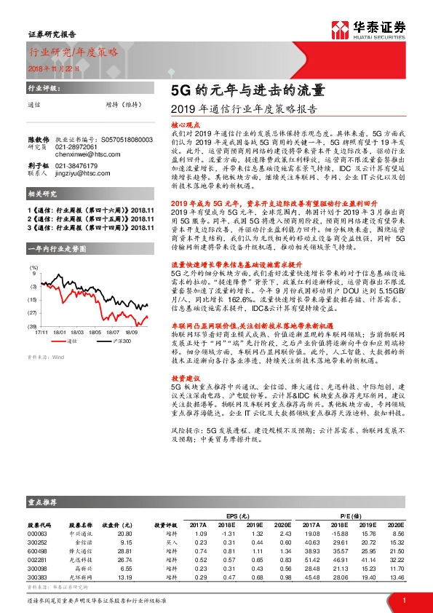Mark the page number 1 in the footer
tap(403, 599)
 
